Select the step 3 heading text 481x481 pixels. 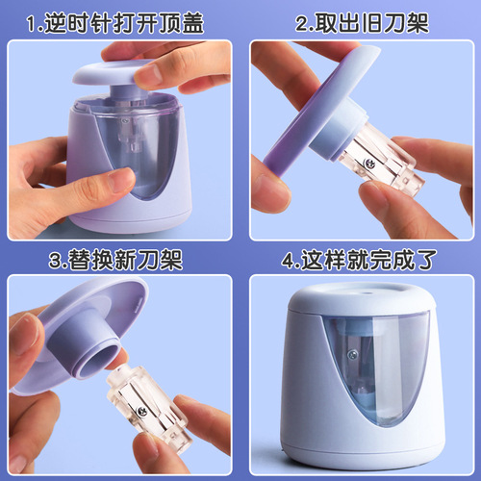point(118,261)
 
